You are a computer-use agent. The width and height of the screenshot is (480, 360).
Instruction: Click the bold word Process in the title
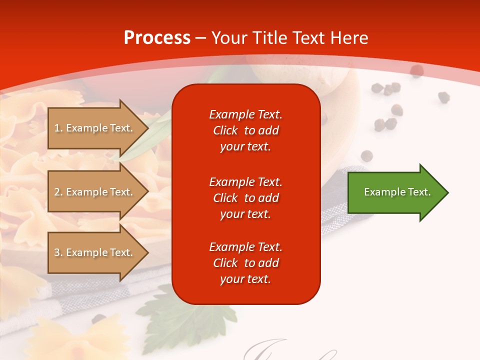pos(157,38)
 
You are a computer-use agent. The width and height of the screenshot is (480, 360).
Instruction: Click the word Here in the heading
pos(348,38)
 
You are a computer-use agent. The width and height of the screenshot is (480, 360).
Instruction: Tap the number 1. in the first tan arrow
pos(58,128)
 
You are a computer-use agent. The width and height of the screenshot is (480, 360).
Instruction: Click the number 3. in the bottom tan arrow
pos(58,252)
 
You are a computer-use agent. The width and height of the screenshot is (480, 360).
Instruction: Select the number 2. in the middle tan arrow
pos(58,192)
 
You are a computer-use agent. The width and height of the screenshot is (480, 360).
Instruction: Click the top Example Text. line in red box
pos(245,114)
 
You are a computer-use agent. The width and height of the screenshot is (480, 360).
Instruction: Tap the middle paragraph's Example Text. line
pos(245,182)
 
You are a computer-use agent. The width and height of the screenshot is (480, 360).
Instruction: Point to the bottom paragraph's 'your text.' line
pos(245,279)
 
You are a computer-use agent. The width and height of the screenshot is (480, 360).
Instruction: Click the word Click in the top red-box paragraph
pos(225,130)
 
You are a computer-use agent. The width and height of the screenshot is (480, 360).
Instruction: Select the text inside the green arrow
pos(397,192)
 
